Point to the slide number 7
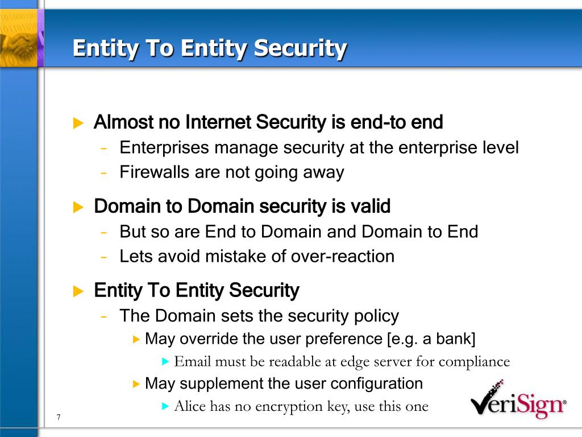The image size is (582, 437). coord(59,418)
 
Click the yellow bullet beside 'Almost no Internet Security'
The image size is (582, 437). coord(78,123)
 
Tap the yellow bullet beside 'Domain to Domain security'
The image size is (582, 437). coord(78,207)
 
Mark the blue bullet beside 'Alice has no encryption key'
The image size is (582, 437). coord(165,406)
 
